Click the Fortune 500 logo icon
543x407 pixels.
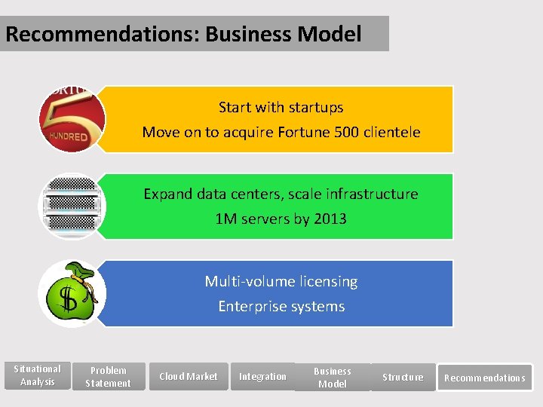(x=72, y=119)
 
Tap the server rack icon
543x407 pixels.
(x=72, y=206)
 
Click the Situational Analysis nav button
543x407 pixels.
(x=38, y=375)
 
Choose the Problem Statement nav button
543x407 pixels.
(x=109, y=377)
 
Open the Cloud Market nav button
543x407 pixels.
(x=188, y=377)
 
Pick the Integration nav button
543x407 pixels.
(x=262, y=377)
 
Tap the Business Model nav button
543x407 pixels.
(x=333, y=378)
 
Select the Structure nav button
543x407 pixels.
(x=403, y=377)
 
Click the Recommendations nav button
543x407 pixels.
(x=485, y=378)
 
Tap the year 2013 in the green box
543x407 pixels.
(x=331, y=219)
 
